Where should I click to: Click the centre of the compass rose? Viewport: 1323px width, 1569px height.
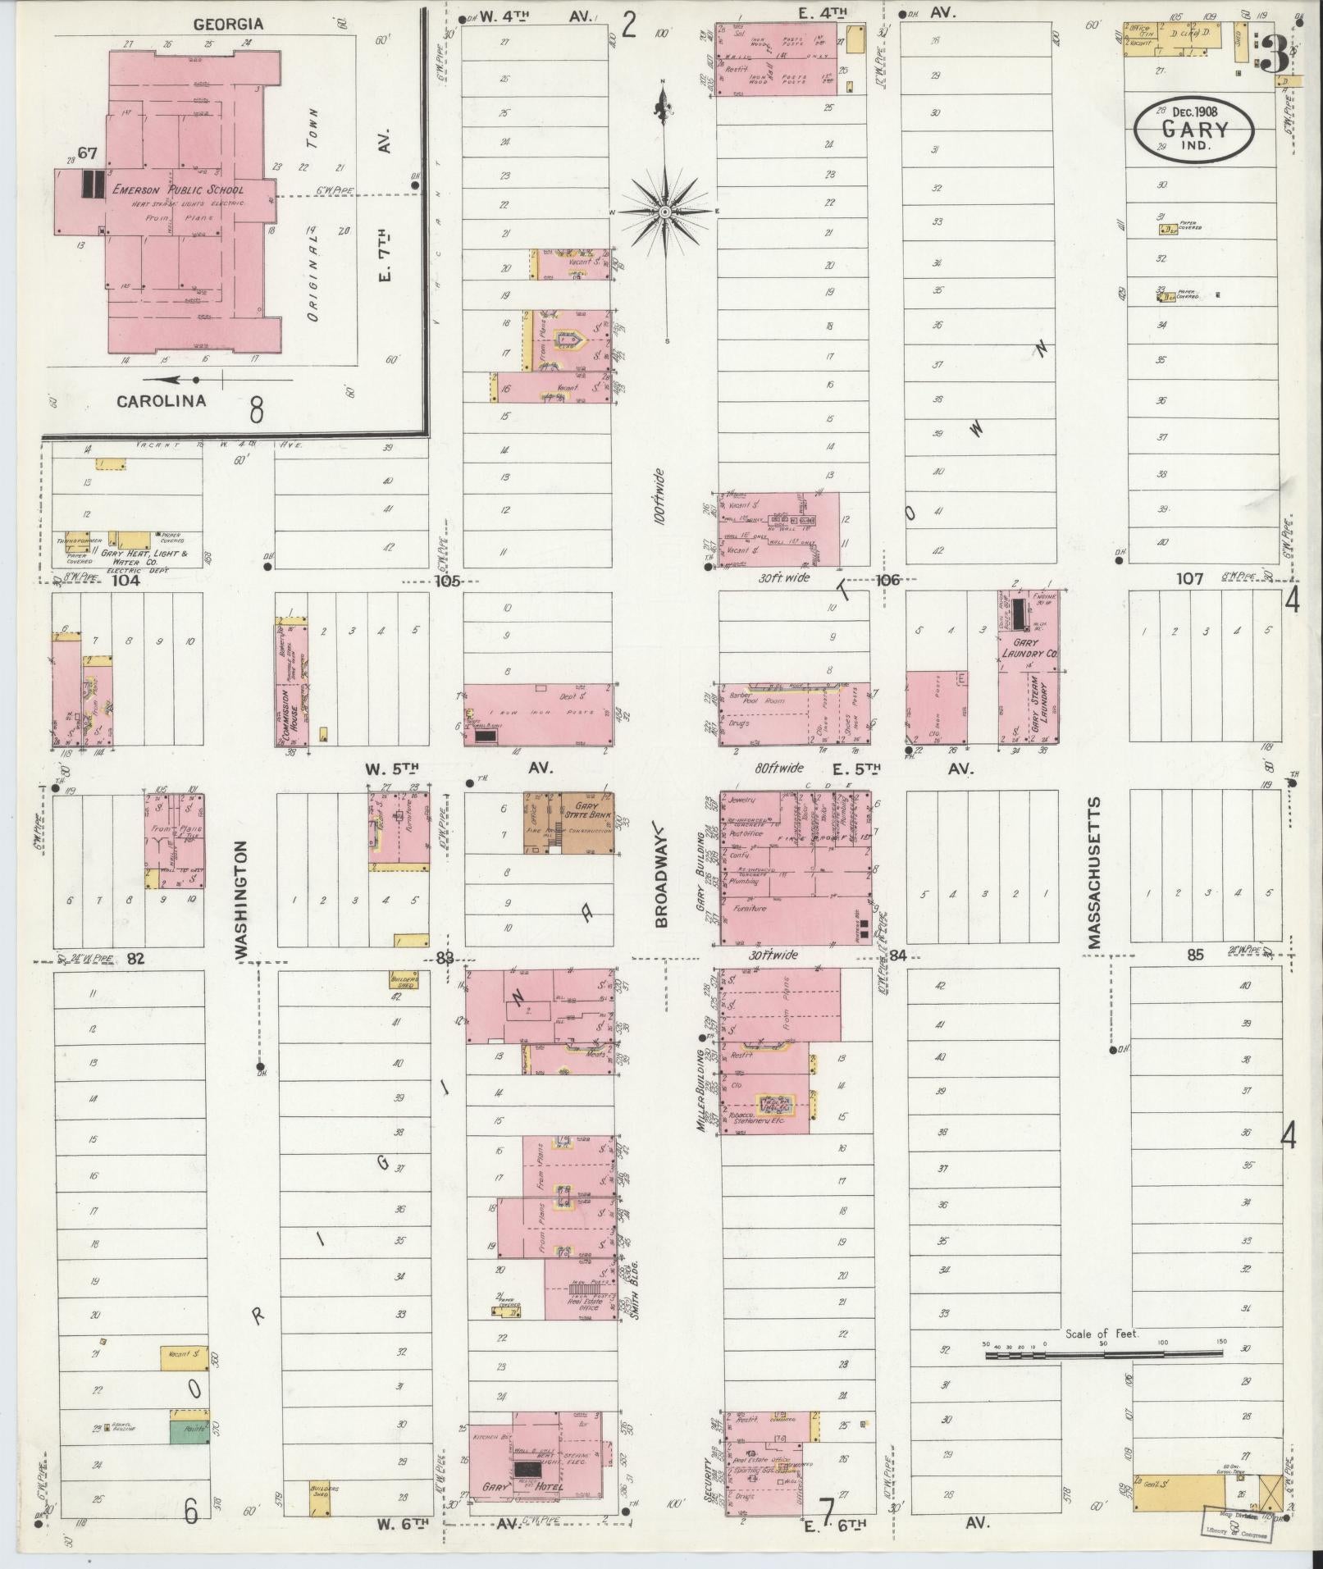[665, 212]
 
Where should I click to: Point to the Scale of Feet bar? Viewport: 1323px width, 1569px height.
[1103, 1356]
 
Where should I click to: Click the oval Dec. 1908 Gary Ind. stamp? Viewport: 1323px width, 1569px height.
[1193, 130]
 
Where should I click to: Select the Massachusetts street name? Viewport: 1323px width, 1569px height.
[1094, 873]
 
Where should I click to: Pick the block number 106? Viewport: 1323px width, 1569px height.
[887, 580]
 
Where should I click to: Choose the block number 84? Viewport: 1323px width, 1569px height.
[897, 956]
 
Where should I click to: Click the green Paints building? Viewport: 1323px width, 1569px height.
[189, 1431]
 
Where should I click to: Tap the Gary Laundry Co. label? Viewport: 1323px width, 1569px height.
[1029, 650]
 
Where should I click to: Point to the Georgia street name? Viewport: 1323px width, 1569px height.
[228, 25]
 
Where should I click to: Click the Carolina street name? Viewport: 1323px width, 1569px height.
[161, 401]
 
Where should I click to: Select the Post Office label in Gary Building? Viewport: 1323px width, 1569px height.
[746, 834]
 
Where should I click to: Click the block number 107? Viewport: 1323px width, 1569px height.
[1189, 579]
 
